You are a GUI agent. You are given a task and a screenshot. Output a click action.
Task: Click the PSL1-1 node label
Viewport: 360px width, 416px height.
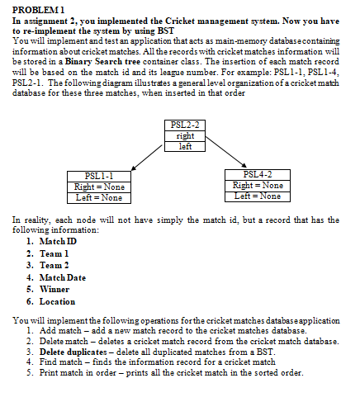click(x=99, y=175)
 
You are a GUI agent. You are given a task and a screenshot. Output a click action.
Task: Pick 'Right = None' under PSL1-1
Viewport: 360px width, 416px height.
click(x=99, y=186)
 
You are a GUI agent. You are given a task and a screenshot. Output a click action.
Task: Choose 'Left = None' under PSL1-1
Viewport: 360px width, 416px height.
click(x=99, y=196)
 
